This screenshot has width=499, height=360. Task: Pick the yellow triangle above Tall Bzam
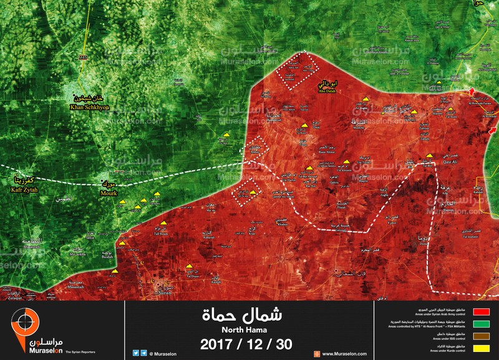pyautogui.click(x=164, y=223)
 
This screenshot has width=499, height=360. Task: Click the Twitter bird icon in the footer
pyautogui.click(x=135, y=354)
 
